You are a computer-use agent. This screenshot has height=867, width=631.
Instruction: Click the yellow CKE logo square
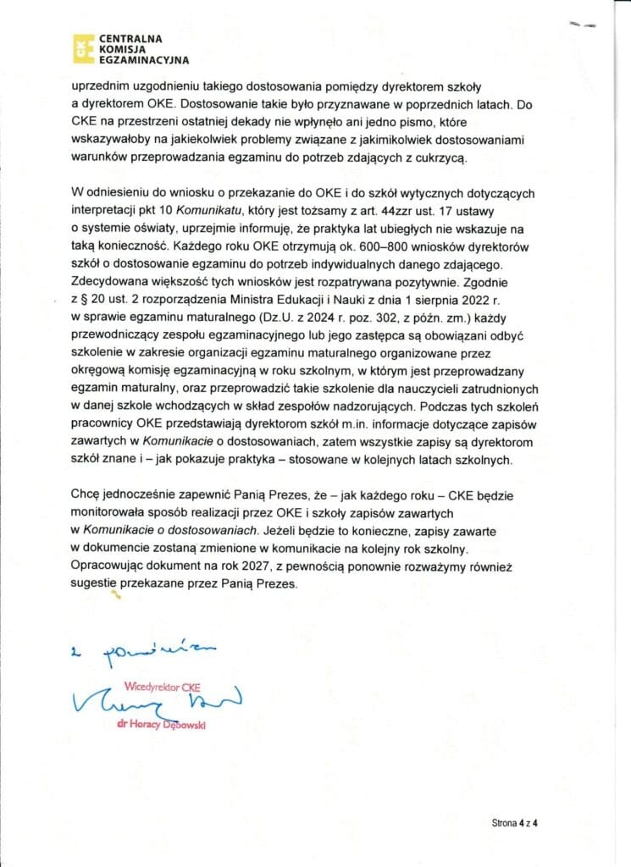(81, 50)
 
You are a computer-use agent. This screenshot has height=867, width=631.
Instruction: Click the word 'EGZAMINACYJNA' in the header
(144, 61)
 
